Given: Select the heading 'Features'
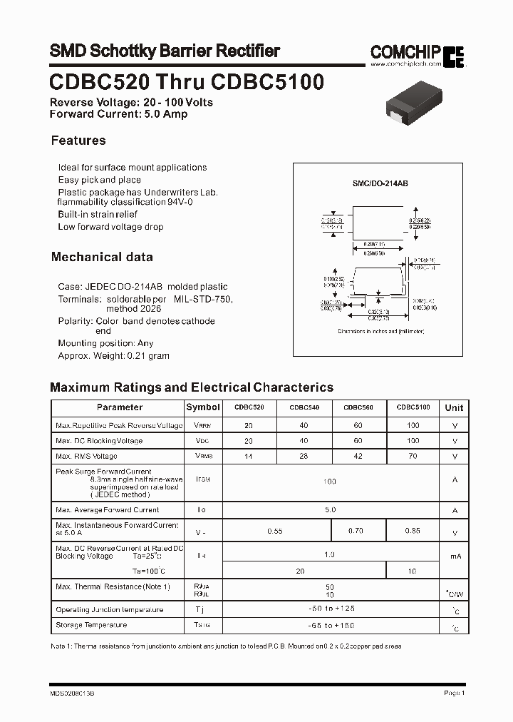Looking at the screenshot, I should click(78, 141).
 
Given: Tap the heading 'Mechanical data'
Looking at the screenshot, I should click(102, 257).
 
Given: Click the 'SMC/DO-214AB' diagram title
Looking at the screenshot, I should click(380, 183).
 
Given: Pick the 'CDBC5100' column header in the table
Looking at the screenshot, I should click(413, 407).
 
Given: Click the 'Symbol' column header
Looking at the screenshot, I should click(203, 407).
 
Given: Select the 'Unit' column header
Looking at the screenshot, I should click(454, 408).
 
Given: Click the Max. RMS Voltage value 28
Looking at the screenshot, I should click(303, 456).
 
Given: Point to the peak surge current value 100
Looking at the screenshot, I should click(328, 482).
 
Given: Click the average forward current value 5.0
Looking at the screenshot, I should click(329, 510).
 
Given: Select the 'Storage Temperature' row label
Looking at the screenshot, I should click(91, 625).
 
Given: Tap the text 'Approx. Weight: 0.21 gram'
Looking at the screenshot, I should click(113, 355).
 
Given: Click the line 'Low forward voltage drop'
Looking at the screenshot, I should click(110, 227).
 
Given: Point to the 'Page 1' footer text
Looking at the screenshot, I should click(454, 693).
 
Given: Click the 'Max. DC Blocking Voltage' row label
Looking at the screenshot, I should click(99, 441).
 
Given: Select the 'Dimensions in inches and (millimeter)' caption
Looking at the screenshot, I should click(380, 332).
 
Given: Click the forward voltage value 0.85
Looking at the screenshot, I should click(412, 531).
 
